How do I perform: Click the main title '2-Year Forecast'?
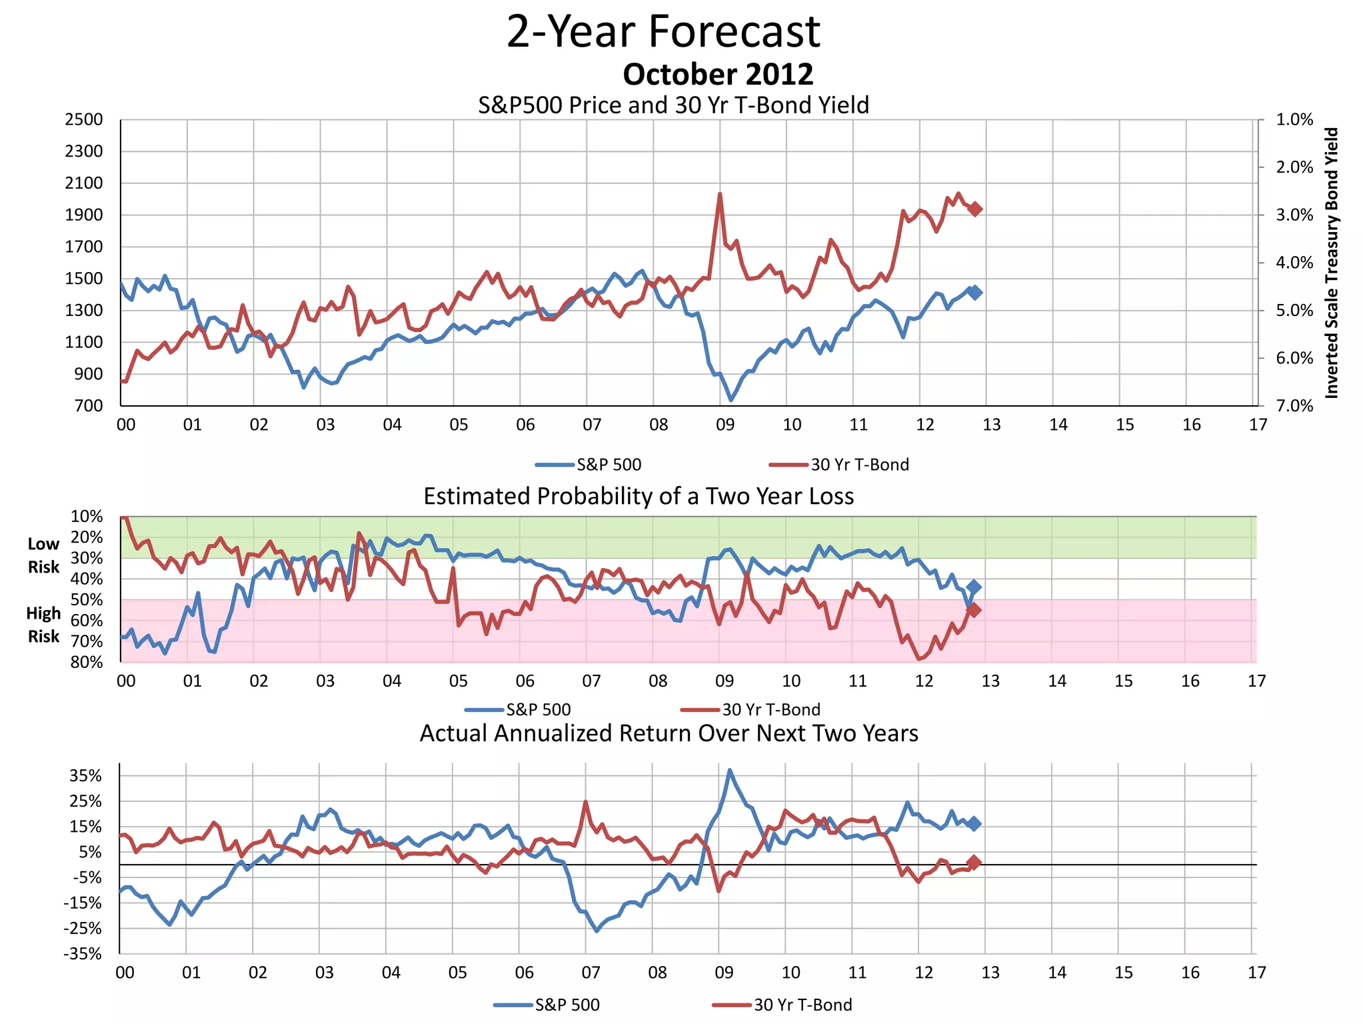663,31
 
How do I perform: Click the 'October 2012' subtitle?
718,74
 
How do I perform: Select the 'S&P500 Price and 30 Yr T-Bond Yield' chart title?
673,105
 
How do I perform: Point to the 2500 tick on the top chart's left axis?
84,120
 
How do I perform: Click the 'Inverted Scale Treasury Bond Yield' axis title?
1331,263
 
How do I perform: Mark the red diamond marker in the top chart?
975,209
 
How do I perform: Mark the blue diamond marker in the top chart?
975,292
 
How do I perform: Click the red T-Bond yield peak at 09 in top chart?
720,194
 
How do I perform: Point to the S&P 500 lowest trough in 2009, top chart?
731,400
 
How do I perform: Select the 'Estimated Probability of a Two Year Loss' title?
639,497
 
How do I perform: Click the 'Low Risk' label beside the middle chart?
43,555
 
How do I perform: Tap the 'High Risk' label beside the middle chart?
43,625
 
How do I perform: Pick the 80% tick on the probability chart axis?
87,662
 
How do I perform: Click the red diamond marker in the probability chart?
974,609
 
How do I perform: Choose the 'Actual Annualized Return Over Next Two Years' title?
669,733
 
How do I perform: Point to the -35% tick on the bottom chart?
83,953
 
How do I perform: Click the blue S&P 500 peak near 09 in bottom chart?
730,770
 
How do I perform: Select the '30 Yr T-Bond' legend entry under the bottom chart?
802,1005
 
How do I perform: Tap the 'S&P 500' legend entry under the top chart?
608,465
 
